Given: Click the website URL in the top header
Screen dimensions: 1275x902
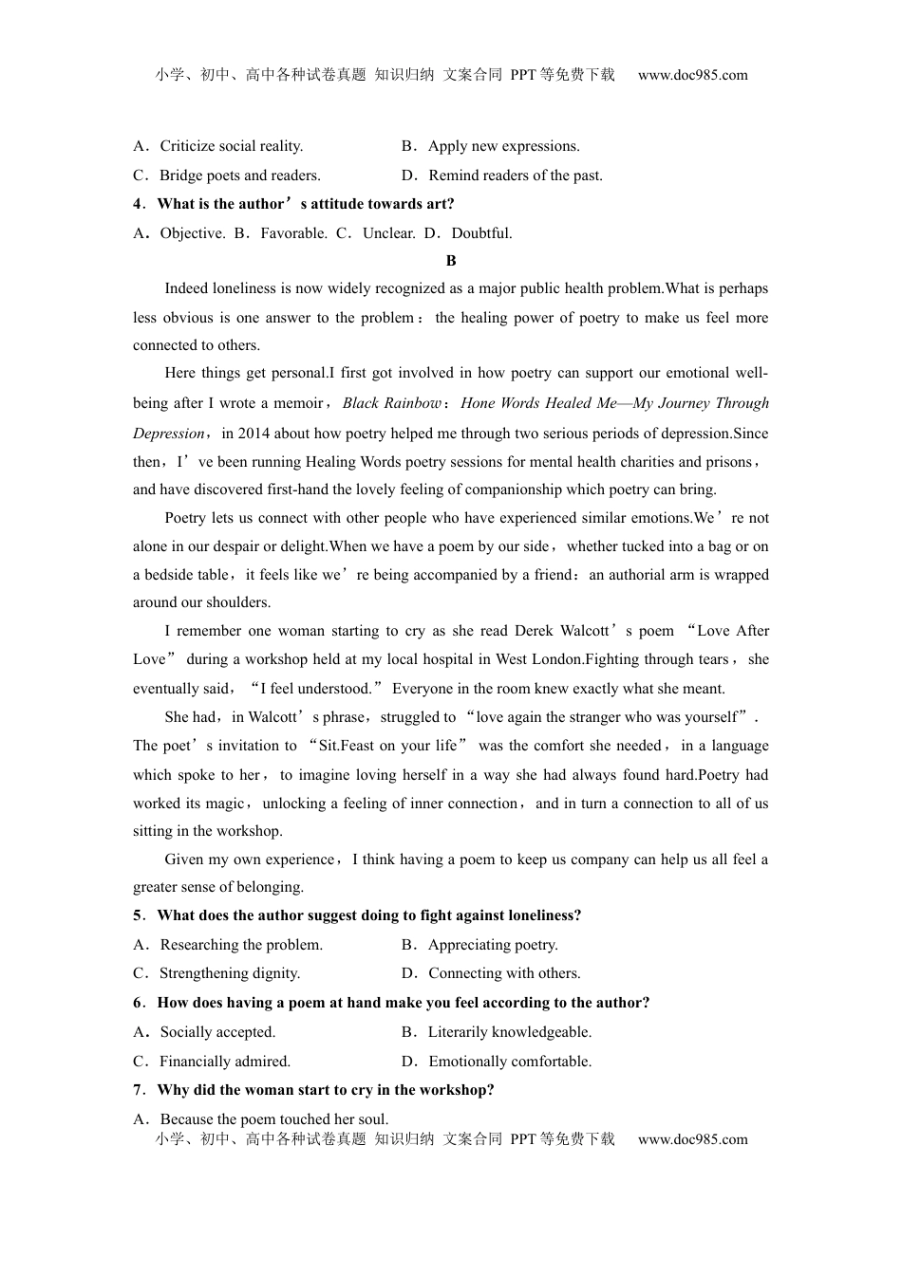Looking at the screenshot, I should click(692, 75).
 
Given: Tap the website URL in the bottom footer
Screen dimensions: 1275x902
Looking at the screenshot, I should click(692, 1139).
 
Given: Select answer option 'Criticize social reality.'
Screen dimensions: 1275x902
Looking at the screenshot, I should click(231, 146).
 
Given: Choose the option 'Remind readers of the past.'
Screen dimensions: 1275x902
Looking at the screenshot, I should click(515, 176).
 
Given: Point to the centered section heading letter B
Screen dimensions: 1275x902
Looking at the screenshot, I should click(451, 261).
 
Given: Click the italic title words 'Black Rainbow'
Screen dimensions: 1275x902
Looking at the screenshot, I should click(391, 403).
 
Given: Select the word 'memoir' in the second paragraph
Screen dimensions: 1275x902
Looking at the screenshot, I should click(299, 403).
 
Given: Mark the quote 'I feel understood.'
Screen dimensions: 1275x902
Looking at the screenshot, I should click(315, 689).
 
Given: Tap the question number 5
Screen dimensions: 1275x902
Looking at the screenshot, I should click(139, 915).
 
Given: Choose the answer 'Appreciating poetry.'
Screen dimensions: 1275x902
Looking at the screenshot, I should click(493, 945).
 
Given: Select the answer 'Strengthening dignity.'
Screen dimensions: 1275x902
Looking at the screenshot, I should click(230, 973).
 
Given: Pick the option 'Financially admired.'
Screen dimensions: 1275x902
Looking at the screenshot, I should click(225, 1062).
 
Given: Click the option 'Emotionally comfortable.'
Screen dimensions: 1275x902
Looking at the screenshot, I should click(510, 1062).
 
